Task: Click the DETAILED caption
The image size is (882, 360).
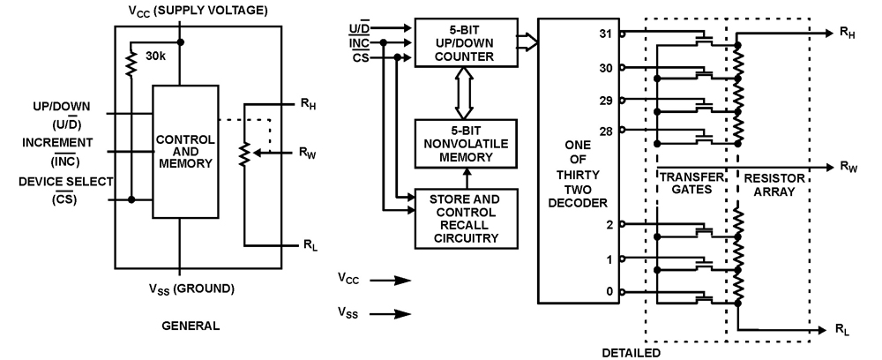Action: tap(632, 352)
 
